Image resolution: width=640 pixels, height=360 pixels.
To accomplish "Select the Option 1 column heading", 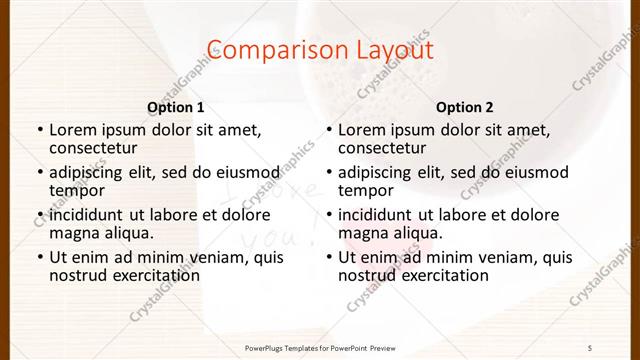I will pyautogui.click(x=175, y=107).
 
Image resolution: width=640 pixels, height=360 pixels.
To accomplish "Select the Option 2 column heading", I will pyautogui.click(x=465, y=107).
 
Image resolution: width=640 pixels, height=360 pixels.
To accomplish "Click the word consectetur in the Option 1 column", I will pyautogui.click(x=92, y=149).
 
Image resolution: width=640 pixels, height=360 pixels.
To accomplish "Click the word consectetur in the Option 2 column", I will pyautogui.click(x=382, y=149).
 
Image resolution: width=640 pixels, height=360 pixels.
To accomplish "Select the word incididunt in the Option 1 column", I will pyautogui.click(x=87, y=214).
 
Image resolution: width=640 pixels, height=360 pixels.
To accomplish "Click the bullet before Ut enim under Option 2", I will pyautogui.click(x=329, y=257).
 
